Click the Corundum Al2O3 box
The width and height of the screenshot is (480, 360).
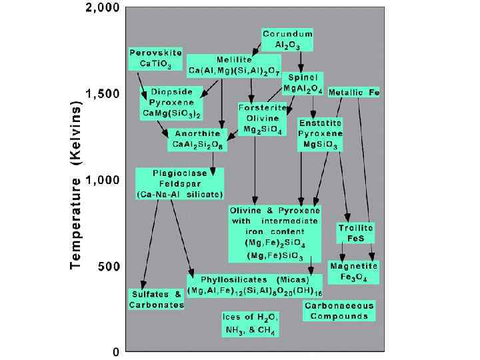pyautogui.click(x=288, y=39)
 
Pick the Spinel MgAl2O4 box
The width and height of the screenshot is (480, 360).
pyautogui.click(x=303, y=83)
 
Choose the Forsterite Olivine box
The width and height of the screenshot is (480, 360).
pyautogui.click(x=263, y=119)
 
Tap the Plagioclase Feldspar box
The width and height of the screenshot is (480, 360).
pyautogui.click(x=179, y=183)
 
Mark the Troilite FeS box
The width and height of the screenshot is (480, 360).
pyautogui.click(x=355, y=231)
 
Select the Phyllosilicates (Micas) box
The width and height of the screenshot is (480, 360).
pyautogui.click(x=255, y=285)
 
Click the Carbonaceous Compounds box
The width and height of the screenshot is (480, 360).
pyautogui.click(x=339, y=310)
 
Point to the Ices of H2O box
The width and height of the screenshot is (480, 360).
pyautogui.click(x=250, y=323)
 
